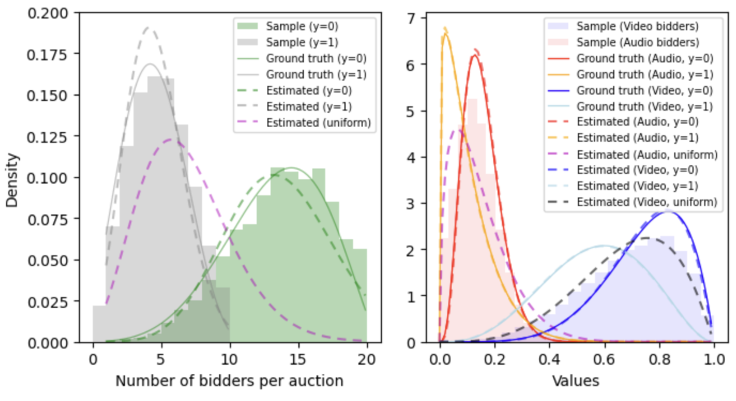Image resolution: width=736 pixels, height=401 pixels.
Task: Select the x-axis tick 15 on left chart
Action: pos(298,359)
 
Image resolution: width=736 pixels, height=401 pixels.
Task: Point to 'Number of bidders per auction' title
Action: pos(229,381)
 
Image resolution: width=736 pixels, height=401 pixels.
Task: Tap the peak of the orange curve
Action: pos(445,33)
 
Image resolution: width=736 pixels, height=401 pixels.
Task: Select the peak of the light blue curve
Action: pos(603,245)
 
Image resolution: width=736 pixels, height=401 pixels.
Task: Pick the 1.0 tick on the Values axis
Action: pos(713,359)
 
